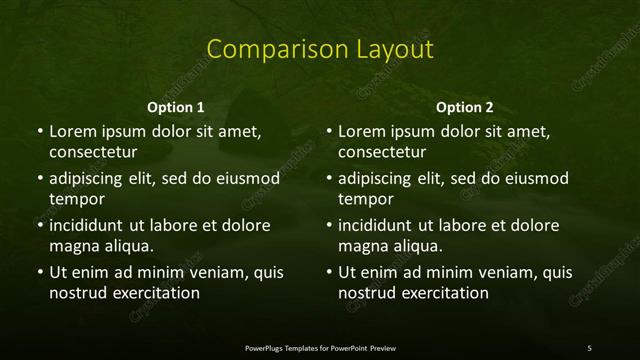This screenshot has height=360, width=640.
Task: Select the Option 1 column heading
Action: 176,107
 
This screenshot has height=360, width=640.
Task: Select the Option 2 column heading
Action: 465,107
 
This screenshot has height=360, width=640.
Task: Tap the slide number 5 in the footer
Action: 589,348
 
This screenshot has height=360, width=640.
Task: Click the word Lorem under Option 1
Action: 74,131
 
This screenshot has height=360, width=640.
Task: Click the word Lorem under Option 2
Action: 363,131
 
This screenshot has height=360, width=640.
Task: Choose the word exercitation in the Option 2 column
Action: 443,293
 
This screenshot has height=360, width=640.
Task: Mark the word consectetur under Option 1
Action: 92,153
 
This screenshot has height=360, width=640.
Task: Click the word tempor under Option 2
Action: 367,200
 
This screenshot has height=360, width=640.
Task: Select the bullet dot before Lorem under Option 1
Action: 40,132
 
